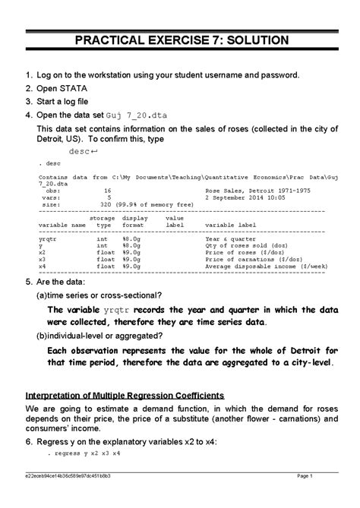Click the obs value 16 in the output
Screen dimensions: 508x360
pos(107,191)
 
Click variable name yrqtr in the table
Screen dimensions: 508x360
pos(46,239)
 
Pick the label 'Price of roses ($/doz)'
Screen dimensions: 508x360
pos(244,253)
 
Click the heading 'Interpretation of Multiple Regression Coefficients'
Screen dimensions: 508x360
pos(125,396)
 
